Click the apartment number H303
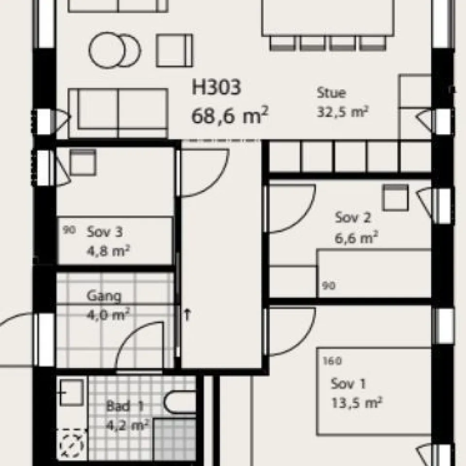[216, 89]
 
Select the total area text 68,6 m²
[230, 116]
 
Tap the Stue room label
[331, 93]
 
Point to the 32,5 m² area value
[342, 112]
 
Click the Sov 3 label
[104, 232]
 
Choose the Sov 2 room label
[352, 217]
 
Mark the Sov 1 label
[348, 383]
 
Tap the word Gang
[104, 296]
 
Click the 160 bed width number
[332, 361]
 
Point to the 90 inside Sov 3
[69, 231]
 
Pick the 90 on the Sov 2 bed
[328, 286]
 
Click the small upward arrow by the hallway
[187, 314]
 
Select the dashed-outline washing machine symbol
[71, 444]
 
